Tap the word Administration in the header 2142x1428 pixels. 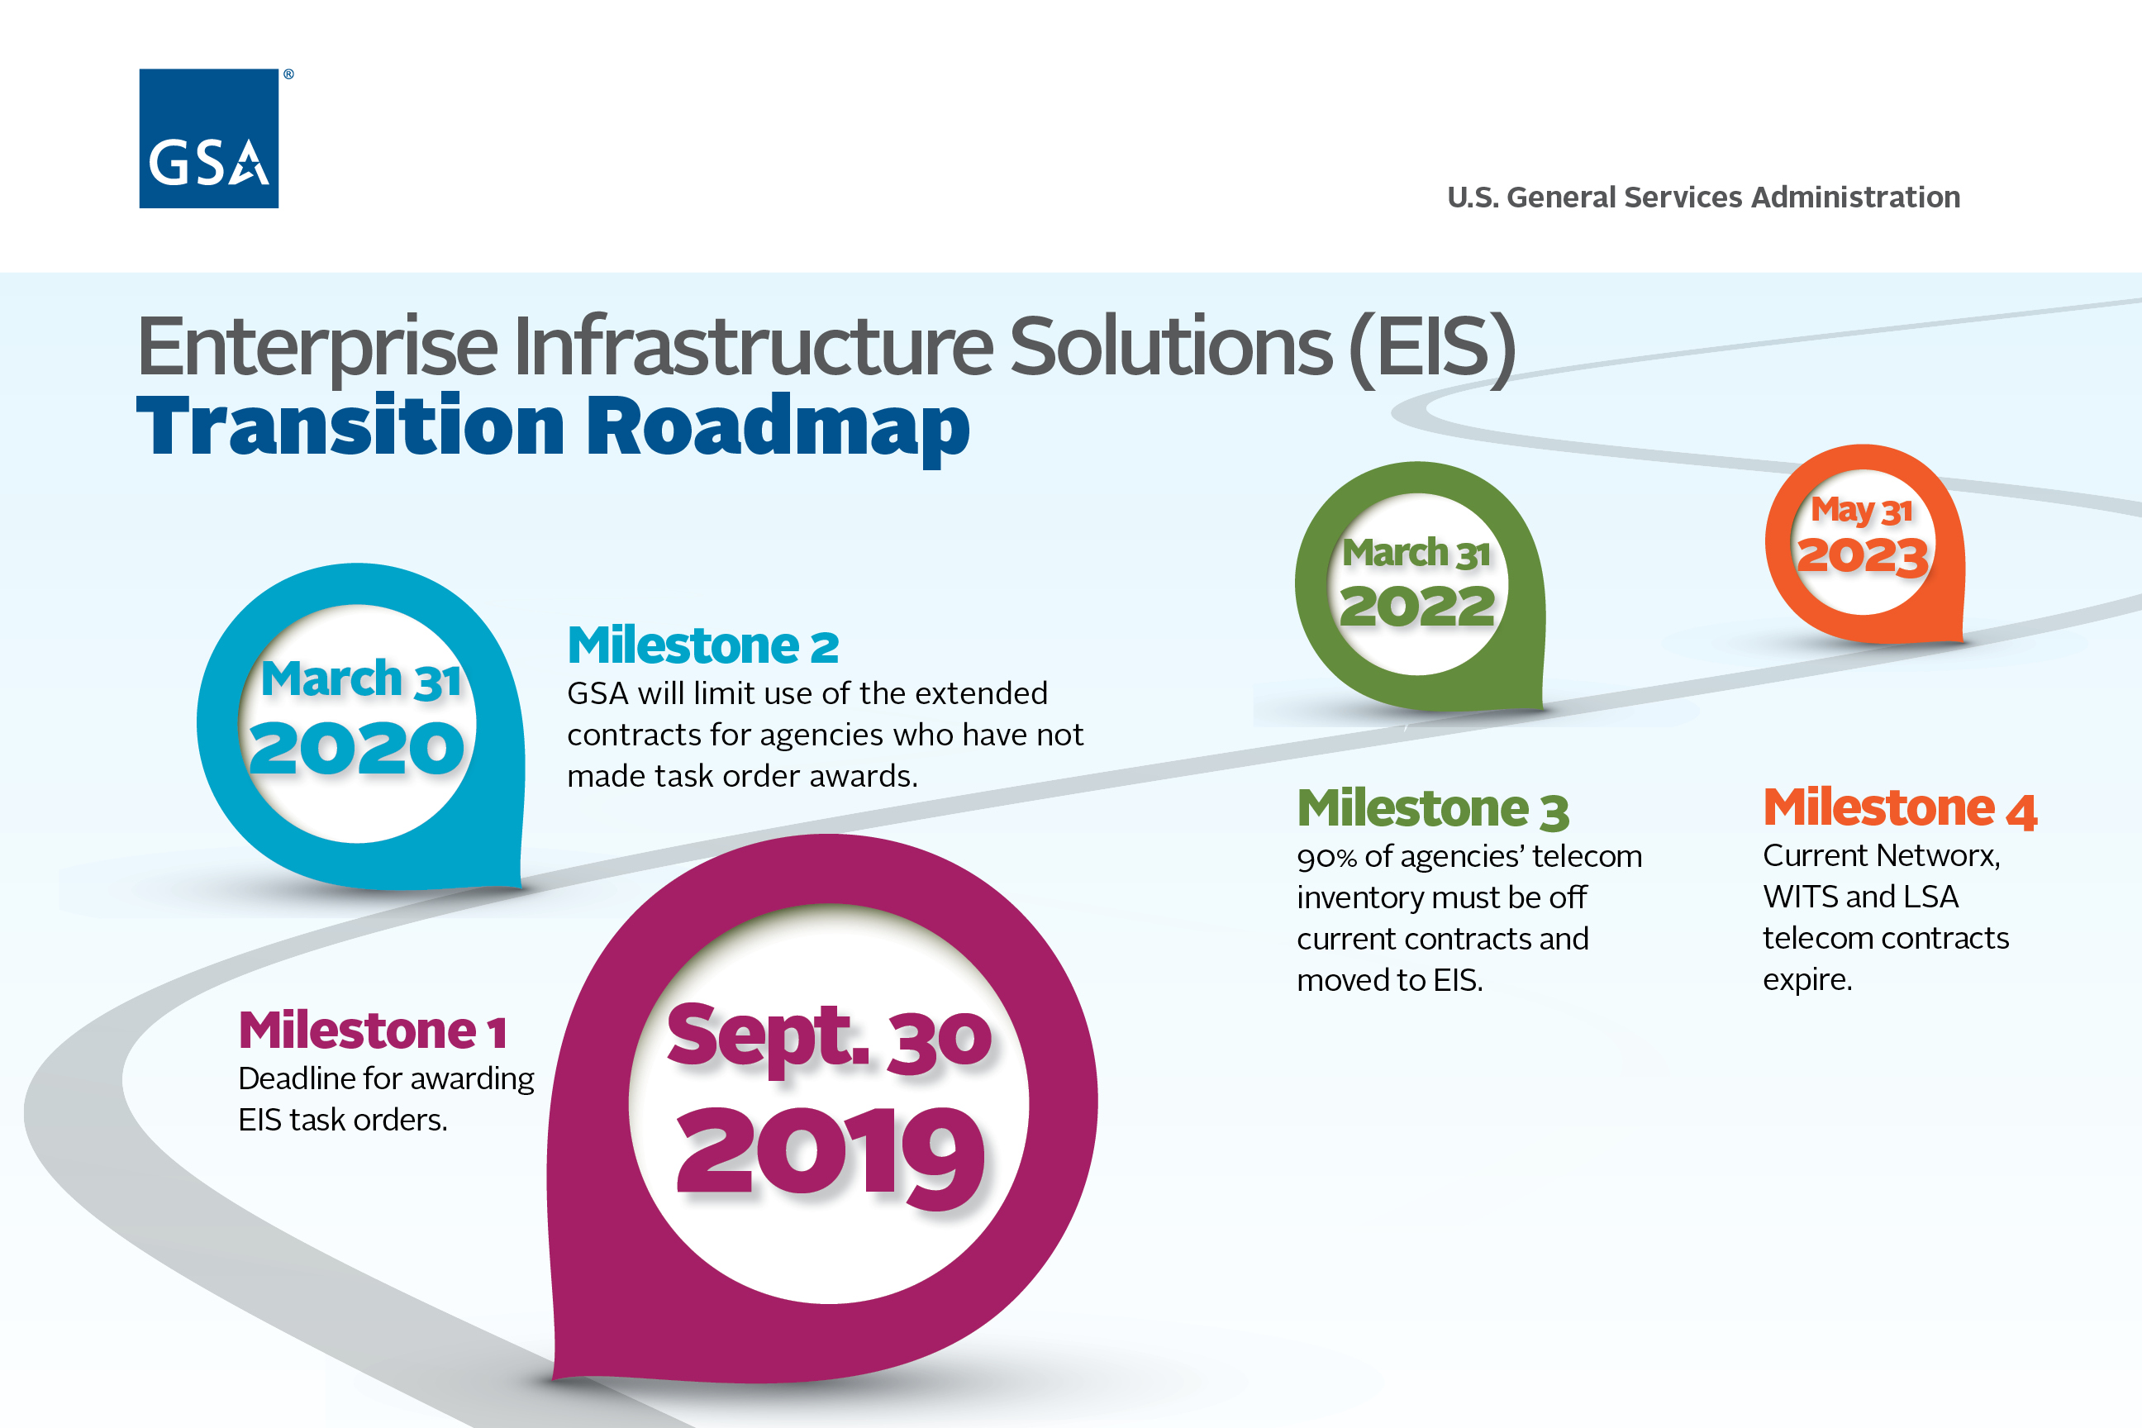tap(1855, 198)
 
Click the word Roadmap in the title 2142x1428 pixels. tap(777, 427)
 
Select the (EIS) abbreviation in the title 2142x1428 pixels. tap(1431, 347)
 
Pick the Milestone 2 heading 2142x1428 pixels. tap(702, 645)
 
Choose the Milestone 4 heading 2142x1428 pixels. tap(1900, 808)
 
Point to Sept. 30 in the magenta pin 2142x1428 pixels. tap(829, 1037)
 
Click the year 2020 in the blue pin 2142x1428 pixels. tap(357, 749)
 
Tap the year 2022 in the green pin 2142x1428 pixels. tap(1417, 606)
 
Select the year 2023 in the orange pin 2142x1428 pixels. tap(1863, 555)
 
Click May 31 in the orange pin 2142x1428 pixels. tap(1862, 510)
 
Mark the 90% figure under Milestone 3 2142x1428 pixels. tap(1327, 857)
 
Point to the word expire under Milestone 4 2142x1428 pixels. tap(1806, 981)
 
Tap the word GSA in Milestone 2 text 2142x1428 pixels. tap(597, 694)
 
